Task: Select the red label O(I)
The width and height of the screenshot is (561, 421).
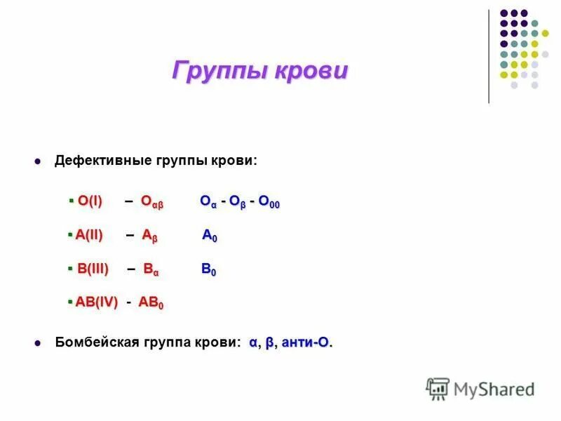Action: [x=90, y=201]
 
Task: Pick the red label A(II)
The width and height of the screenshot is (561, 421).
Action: [x=89, y=236]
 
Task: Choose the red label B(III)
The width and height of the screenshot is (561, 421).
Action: [x=93, y=269]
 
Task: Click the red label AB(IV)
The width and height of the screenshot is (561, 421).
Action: [x=96, y=302]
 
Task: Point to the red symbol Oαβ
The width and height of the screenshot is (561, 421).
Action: [x=151, y=202]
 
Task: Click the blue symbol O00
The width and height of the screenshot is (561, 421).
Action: [x=269, y=202]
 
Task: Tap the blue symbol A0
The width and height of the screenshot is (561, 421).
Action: [x=210, y=236]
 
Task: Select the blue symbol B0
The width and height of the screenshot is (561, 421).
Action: [x=209, y=269]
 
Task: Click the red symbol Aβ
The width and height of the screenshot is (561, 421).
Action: [x=149, y=236]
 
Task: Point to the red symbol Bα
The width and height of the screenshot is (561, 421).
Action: [x=151, y=269]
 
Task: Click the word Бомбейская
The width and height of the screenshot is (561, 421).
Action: [x=93, y=342]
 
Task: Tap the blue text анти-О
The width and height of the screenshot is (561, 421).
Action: [x=306, y=342]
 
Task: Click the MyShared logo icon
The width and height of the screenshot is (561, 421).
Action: [x=438, y=388]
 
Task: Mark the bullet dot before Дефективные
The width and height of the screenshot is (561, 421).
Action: [x=39, y=161]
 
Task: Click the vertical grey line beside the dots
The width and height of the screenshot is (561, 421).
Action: [x=489, y=56]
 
